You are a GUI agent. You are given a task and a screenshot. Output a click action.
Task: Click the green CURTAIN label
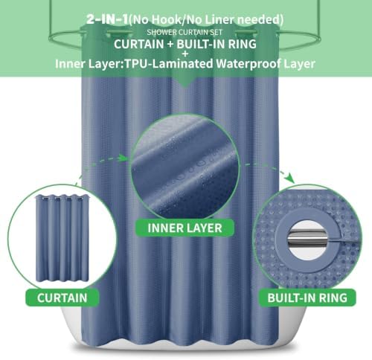click(62, 298)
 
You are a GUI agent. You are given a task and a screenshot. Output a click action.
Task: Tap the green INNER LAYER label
click(185, 228)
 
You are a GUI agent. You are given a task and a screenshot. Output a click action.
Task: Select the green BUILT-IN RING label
click(307, 298)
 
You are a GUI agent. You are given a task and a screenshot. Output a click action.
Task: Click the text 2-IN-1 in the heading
click(107, 19)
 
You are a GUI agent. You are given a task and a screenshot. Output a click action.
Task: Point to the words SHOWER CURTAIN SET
click(185, 32)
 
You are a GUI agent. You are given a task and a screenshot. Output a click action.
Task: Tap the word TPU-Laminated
click(169, 64)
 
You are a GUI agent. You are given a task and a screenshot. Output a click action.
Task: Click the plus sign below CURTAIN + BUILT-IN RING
click(185, 54)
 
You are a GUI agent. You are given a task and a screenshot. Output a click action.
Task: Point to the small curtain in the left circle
click(62, 239)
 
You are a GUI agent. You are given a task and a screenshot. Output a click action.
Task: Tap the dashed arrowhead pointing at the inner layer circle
click(124, 158)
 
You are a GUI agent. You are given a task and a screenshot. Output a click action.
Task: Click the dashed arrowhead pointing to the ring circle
click(289, 178)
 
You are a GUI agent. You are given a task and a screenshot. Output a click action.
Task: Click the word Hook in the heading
click(165, 19)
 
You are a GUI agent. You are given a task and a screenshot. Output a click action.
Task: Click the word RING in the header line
click(243, 44)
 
